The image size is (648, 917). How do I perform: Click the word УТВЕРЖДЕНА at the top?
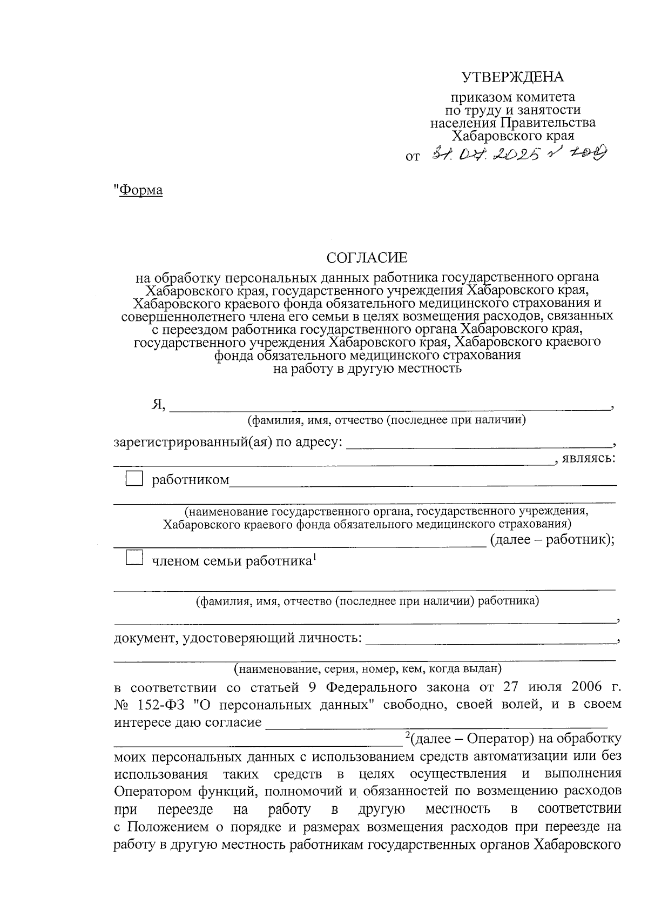click(x=512, y=77)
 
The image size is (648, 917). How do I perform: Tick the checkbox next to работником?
click(x=133, y=478)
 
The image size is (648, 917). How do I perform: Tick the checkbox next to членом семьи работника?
click(x=133, y=557)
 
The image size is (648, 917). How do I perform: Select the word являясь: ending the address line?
click(x=589, y=459)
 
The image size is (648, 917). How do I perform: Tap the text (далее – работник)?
click(x=552, y=540)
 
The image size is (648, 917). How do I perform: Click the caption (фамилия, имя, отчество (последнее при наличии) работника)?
click(x=367, y=600)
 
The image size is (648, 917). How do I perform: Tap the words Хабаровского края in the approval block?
click(x=512, y=136)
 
